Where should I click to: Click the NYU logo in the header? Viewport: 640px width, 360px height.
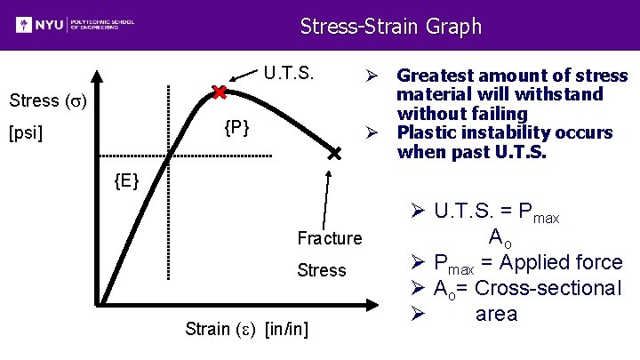point(75,24)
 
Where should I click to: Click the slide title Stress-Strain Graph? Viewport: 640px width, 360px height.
point(390,26)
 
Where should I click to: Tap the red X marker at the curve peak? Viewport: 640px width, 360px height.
point(219,92)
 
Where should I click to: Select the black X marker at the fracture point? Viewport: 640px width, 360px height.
point(334,155)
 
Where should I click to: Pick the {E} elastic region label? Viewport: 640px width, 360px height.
point(127,182)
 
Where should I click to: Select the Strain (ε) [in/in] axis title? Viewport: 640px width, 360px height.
point(247,329)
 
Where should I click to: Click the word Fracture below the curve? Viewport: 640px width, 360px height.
point(330,238)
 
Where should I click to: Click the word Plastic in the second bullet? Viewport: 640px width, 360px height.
point(423,133)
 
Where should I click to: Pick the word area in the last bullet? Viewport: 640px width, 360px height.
point(496,314)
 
